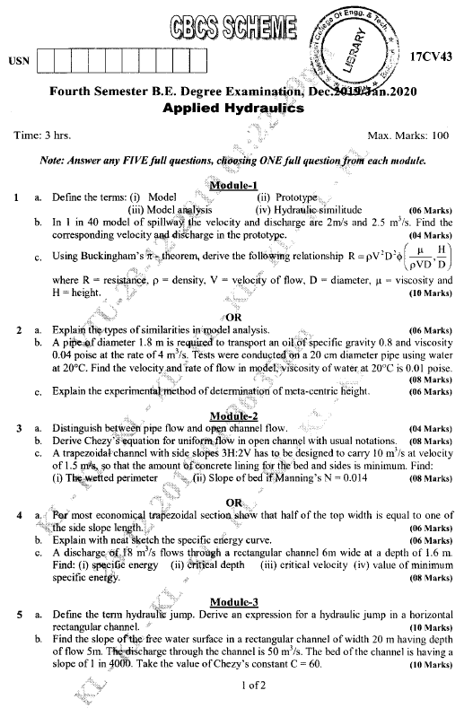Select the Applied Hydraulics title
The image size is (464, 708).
click(234, 108)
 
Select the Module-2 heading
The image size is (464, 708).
click(233, 416)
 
